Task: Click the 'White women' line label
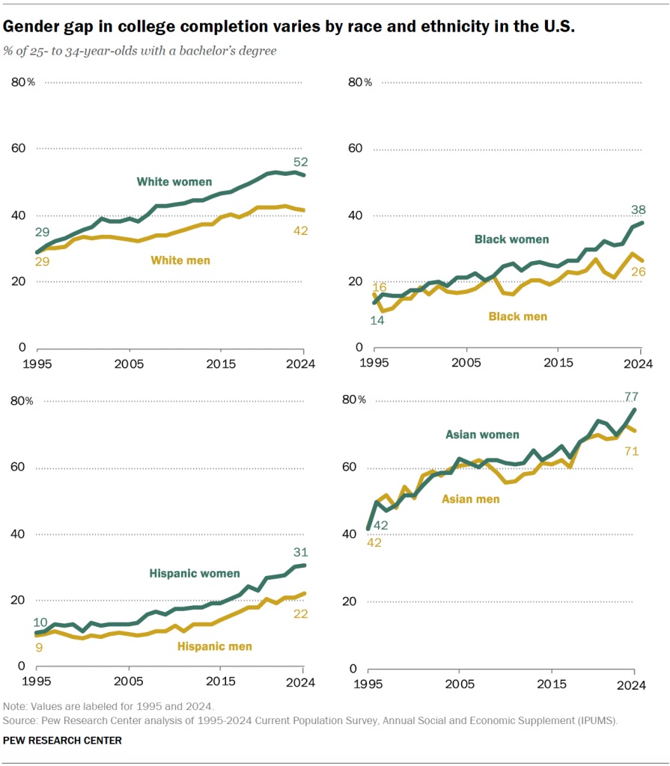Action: click(174, 182)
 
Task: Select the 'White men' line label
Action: click(180, 260)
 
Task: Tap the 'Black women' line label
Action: click(511, 239)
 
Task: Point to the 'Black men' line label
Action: click(517, 316)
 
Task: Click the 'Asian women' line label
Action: click(482, 434)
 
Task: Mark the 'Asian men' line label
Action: click(471, 498)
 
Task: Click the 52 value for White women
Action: click(301, 162)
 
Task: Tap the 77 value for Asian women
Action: click(631, 396)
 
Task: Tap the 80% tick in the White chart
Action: click(22, 82)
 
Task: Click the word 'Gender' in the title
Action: click(29, 27)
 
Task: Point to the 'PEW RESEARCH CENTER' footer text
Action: click(62, 740)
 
